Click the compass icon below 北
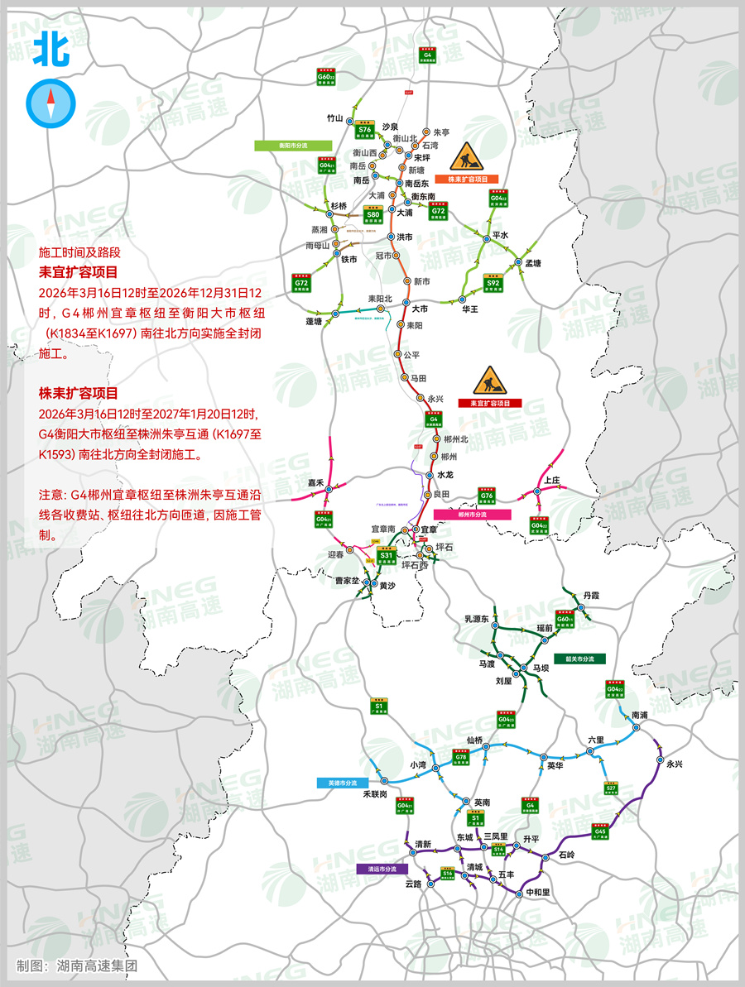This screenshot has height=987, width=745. click(x=50, y=102)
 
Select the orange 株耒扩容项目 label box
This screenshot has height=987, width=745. click(x=467, y=179)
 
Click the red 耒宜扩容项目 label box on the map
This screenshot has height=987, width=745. click(x=490, y=403)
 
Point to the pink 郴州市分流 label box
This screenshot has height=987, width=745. click(x=472, y=514)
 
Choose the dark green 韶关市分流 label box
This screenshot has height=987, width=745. click(x=580, y=659)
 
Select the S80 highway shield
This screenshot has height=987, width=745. click(x=373, y=217)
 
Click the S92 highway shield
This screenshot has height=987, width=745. click(x=493, y=284)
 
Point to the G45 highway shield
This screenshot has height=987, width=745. click(x=600, y=832)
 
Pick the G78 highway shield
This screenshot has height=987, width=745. click(x=461, y=759)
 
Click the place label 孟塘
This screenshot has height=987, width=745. click(x=533, y=263)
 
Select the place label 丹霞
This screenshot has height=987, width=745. click(x=590, y=595)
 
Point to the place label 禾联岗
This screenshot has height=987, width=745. click(x=376, y=793)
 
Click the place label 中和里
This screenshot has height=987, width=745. click(x=538, y=893)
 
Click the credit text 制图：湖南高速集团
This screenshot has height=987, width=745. click(x=76, y=965)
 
